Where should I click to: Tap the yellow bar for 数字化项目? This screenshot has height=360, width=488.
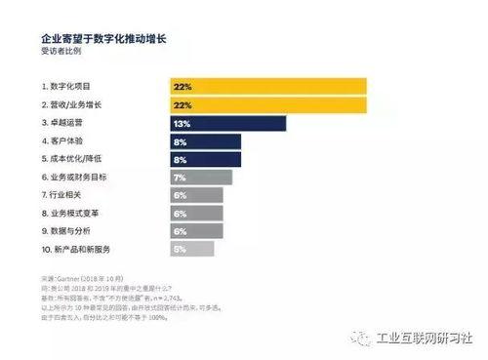(x=268, y=87)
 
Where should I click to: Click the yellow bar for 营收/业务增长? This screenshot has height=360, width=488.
(x=268, y=104)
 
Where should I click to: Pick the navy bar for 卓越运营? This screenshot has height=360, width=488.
(x=227, y=123)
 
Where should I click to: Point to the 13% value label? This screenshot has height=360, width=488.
(x=181, y=123)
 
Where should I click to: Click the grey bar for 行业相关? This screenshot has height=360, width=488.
(x=196, y=195)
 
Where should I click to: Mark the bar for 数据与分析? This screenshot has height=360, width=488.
(x=196, y=231)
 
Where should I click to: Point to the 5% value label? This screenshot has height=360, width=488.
(x=179, y=249)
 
